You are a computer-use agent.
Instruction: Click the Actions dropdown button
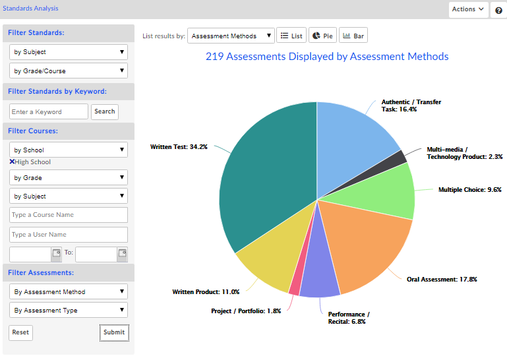469,9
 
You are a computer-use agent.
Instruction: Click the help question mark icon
498,10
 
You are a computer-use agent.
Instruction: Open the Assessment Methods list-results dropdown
231,36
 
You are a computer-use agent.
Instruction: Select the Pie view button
322,36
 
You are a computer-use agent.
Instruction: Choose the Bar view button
353,36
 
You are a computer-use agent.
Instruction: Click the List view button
292,36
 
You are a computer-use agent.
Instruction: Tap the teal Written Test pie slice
270,171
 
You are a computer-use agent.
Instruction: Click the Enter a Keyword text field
49,112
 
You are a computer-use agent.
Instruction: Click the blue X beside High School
12,162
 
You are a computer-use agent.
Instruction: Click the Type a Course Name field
69,215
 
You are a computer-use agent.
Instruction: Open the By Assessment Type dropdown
69,311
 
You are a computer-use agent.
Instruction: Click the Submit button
114,332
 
